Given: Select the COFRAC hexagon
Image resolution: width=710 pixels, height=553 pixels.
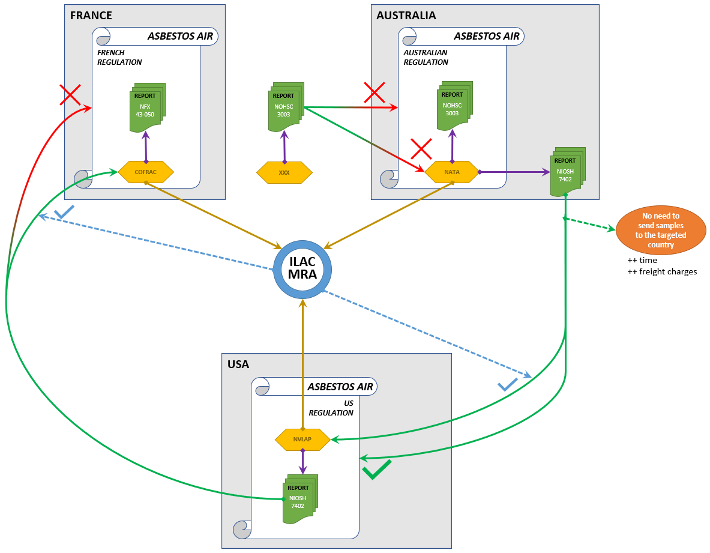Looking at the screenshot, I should point(146,172).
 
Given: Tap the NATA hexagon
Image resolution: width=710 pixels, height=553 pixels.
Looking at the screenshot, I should point(452,172).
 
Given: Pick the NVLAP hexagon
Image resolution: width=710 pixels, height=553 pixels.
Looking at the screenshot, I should point(302,440).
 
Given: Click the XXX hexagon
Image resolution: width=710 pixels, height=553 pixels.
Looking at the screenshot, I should point(284,172).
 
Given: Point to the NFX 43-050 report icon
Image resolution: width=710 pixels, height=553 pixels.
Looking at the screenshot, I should point(146,108).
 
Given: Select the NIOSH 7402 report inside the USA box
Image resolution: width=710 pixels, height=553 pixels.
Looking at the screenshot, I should point(298,498).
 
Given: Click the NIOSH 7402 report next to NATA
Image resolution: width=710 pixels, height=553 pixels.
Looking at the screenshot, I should point(566,172).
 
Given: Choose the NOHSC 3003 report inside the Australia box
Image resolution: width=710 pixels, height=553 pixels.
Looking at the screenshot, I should point(453,107).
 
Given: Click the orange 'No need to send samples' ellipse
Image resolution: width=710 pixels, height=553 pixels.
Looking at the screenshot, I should point(661,230).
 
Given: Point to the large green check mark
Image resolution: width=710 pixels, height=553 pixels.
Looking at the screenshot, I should point(376,470).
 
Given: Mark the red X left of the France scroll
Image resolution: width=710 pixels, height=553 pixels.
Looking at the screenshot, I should point(70,94).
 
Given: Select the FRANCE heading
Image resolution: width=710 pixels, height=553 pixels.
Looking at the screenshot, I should point(91,16).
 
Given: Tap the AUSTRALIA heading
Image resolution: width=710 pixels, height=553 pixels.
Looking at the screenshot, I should point(406,16).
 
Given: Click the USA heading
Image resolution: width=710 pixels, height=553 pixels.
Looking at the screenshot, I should point(238,364).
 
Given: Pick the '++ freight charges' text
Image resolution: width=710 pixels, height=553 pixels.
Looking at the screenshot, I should point(662,271).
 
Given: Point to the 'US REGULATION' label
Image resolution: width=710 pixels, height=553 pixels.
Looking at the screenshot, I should point(332,408).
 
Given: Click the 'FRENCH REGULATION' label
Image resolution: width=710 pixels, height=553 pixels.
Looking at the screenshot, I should point(119,57).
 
